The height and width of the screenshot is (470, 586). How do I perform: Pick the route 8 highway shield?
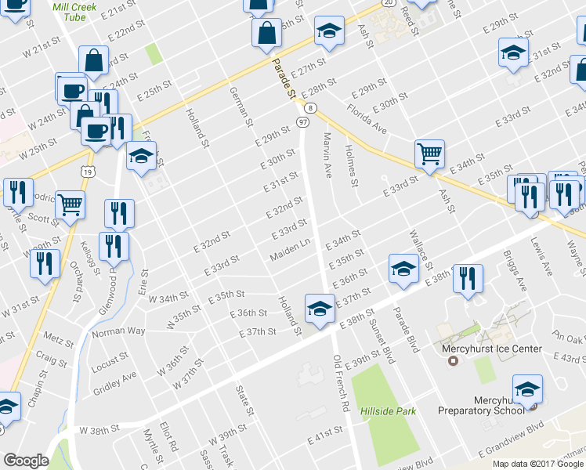311,107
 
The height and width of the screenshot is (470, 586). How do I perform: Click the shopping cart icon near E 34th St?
429,154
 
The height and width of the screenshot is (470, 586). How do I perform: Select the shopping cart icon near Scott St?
71,205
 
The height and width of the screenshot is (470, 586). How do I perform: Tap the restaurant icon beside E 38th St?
467,280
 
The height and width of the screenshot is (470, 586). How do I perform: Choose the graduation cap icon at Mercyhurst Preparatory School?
527,389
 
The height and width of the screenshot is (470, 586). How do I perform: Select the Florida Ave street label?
367,117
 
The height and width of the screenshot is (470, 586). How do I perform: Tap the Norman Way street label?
118,331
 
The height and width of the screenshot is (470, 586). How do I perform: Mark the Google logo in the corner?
26,461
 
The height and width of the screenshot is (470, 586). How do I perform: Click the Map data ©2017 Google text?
537,464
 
